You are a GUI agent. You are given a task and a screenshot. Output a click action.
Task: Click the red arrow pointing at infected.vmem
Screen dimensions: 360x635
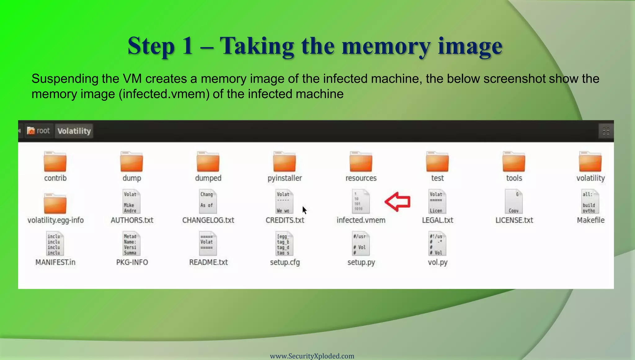(x=398, y=202)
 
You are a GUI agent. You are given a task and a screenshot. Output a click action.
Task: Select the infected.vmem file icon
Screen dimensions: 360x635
(x=361, y=202)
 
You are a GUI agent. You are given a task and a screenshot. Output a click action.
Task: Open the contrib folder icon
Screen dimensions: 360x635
(x=55, y=162)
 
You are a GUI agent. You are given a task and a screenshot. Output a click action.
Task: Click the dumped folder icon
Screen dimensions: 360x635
(x=208, y=162)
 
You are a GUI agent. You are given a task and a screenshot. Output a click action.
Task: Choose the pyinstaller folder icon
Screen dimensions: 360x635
(x=284, y=162)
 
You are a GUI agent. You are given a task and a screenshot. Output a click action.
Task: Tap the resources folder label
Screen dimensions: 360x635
(x=361, y=178)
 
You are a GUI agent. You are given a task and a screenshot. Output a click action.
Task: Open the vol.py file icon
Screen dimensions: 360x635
(x=437, y=244)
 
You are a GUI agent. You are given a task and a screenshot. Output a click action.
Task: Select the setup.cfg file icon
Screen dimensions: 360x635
(x=284, y=244)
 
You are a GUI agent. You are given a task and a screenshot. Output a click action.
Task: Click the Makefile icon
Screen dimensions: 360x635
(x=590, y=202)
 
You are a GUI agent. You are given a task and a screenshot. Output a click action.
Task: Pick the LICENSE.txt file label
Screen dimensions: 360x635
(x=514, y=220)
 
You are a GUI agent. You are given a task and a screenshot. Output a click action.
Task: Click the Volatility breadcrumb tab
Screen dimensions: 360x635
(x=74, y=131)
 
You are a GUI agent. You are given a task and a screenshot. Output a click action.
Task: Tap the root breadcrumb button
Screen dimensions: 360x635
(x=38, y=131)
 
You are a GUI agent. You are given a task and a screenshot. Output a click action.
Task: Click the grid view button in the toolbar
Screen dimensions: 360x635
(x=606, y=131)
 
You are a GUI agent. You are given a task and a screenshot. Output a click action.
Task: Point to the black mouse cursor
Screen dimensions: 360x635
(x=304, y=210)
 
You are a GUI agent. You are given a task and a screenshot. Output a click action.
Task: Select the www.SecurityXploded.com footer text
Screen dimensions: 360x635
(x=312, y=356)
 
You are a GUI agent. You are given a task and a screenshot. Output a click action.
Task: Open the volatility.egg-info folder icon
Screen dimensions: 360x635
(x=55, y=204)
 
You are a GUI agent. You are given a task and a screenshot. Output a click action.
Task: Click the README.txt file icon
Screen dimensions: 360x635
(x=208, y=244)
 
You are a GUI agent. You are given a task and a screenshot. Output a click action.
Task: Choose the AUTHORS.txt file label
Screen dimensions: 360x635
(x=132, y=220)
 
